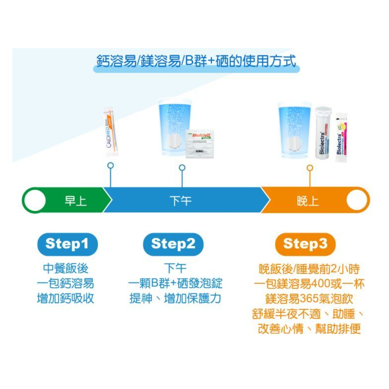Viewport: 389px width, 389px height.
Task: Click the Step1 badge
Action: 66,244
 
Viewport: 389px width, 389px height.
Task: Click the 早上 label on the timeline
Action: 76,201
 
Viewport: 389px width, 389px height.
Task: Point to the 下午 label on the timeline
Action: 180,201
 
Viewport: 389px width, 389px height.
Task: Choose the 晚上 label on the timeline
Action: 308,201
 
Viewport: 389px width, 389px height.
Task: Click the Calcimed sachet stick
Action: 111,131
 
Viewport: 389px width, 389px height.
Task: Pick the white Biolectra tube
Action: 323,132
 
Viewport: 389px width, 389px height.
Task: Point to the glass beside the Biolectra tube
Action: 295,130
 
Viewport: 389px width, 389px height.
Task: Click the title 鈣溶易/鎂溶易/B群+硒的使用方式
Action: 195,62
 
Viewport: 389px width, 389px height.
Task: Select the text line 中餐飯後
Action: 65,269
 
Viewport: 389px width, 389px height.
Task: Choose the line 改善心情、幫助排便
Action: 309,328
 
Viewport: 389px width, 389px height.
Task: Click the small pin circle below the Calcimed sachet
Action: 110,165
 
